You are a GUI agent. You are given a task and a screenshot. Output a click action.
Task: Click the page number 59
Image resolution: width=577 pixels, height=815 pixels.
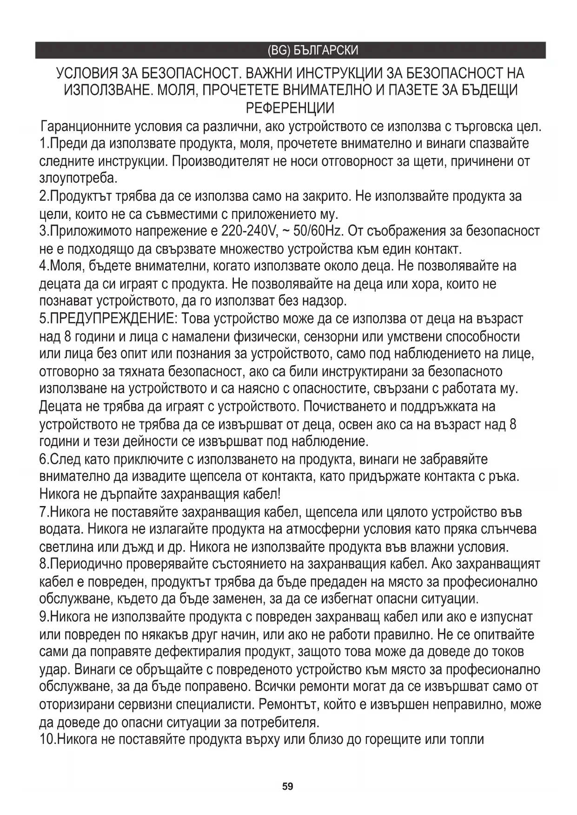coord(288,787)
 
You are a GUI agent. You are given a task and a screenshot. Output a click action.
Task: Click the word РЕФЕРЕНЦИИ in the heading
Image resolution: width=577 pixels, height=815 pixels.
coord(290,108)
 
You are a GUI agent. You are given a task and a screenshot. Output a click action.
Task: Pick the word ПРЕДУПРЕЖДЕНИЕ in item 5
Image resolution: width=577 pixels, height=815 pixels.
coord(112,319)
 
